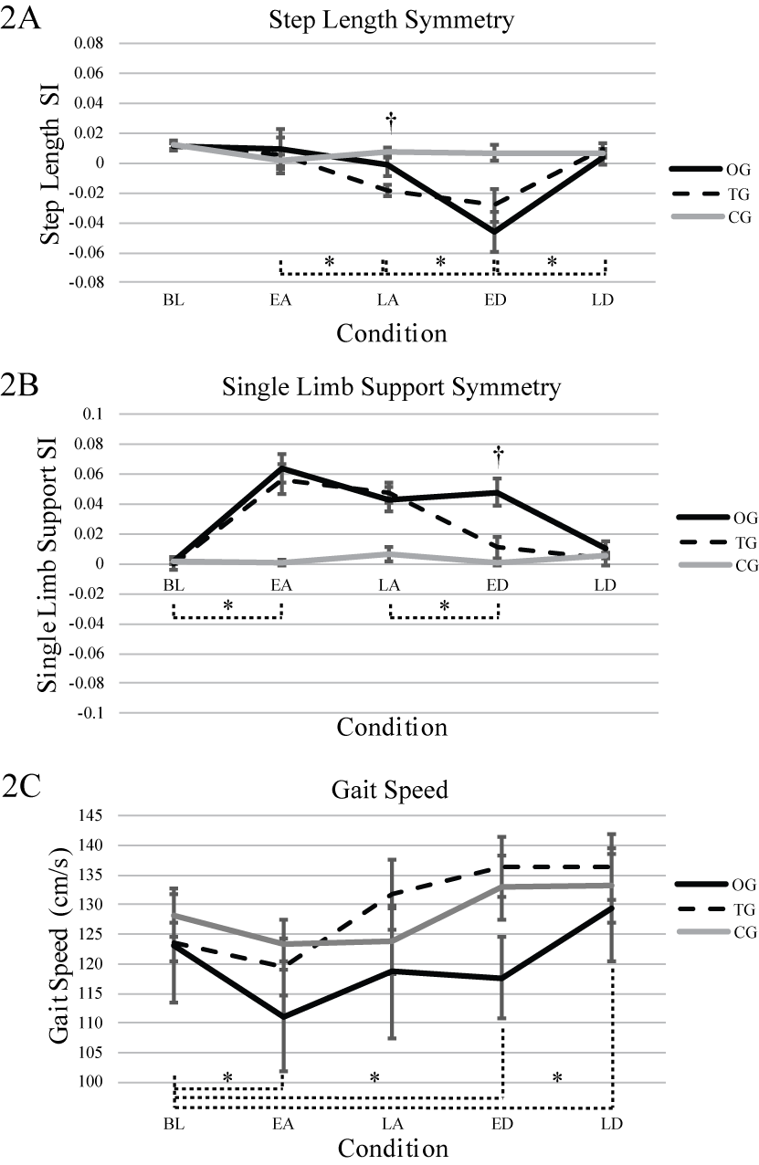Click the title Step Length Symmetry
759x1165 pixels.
(391, 16)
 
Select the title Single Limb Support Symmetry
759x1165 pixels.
(391, 386)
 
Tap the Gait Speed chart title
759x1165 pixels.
(391, 789)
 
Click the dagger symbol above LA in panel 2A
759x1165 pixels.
(390, 119)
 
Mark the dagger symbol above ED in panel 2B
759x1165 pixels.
(498, 452)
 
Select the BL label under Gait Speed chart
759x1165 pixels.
(174, 1123)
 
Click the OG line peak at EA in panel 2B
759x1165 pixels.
(281, 467)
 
